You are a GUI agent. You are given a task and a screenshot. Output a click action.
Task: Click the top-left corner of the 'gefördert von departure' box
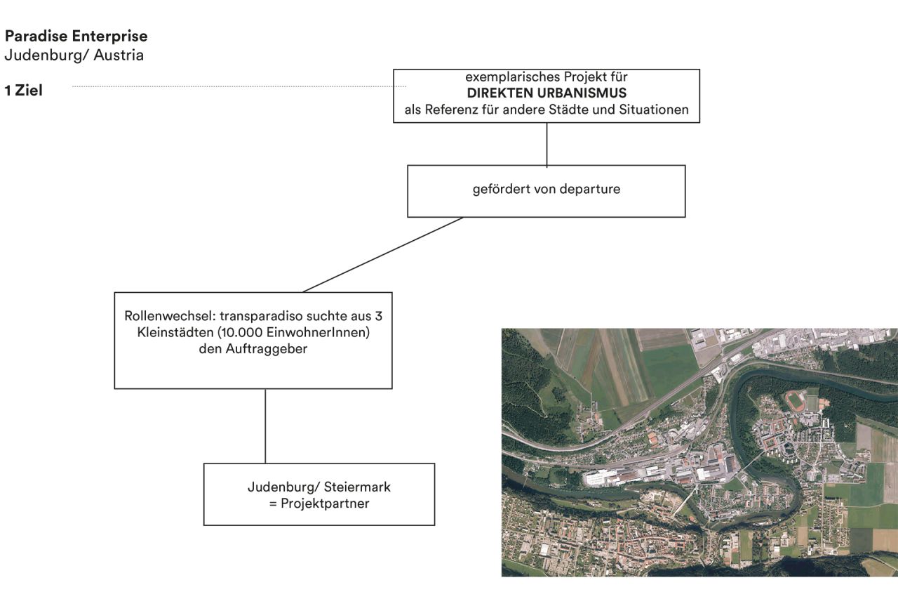point(408,165)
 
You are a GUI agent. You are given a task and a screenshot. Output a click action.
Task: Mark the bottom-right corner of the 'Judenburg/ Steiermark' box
point(434,525)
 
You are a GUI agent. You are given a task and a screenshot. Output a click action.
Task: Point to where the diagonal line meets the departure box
point(463,218)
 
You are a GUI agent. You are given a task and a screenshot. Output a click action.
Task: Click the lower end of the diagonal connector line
point(302,293)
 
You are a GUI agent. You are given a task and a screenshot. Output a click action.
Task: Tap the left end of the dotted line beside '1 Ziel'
point(72,86)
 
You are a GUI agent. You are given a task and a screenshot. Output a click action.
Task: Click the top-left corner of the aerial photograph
point(502,329)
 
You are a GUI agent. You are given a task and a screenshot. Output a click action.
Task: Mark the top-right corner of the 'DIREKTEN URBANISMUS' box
point(700,70)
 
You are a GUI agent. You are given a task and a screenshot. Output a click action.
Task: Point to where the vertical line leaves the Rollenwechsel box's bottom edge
point(265,389)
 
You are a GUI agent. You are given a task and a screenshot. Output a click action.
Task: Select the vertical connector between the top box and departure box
point(547,144)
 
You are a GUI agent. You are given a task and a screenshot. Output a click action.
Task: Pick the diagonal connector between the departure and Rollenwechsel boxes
point(383,255)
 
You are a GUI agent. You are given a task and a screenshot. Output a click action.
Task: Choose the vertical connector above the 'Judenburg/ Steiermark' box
point(265,426)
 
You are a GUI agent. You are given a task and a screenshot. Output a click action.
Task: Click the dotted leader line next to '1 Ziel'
point(239,86)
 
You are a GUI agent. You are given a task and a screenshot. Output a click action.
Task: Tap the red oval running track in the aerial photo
point(794,401)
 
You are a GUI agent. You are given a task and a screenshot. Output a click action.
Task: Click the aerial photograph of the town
point(699,452)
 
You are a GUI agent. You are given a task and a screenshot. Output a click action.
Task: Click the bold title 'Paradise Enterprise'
point(76,36)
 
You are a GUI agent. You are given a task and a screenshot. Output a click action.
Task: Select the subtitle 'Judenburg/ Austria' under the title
point(74,55)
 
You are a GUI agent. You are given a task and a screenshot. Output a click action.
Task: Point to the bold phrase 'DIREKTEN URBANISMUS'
point(547,93)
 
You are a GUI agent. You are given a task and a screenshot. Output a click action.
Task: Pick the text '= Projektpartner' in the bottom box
point(319,503)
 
